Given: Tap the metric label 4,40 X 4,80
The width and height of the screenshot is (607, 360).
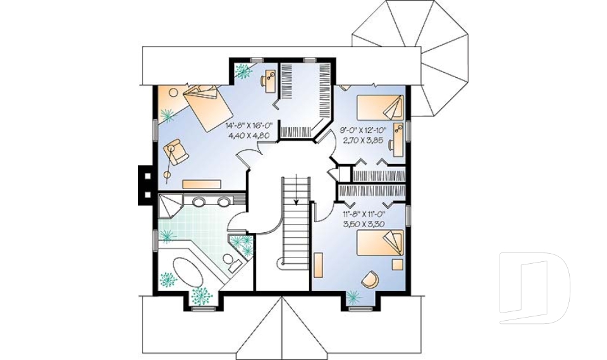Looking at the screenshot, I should coord(248,135).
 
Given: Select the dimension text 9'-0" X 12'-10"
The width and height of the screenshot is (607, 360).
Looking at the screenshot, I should coord(364,130).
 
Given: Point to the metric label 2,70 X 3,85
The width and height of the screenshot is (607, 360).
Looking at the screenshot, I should coord(364,139).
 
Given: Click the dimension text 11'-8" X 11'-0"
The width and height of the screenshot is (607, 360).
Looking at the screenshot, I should coord(365,214).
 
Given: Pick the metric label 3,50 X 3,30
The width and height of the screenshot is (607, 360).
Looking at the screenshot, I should coord(365,224).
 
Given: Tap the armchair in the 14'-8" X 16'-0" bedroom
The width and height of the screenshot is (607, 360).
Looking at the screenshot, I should coord(176,152).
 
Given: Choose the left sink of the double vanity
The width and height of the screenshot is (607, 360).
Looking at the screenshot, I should coord(199,203).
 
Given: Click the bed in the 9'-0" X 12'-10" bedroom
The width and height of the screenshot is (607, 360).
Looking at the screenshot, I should coord(380,107).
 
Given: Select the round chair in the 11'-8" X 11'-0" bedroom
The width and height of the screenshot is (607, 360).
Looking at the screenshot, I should coord(370,278).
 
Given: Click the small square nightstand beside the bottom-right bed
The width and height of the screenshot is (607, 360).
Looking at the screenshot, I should coord(396,262).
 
